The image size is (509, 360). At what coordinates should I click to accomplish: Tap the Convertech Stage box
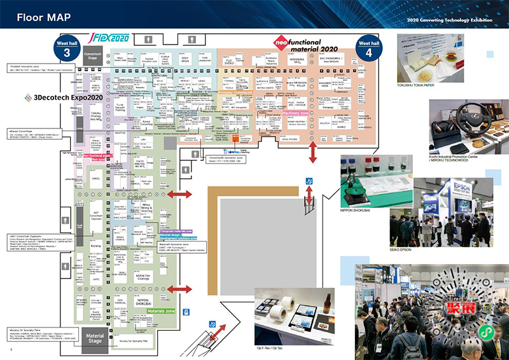[x=93, y=57]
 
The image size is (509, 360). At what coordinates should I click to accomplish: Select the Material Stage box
[x=95, y=338]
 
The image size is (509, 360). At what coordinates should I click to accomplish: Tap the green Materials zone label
[x=160, y=311]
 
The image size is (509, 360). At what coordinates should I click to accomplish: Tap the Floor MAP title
[x=43, y=15]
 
